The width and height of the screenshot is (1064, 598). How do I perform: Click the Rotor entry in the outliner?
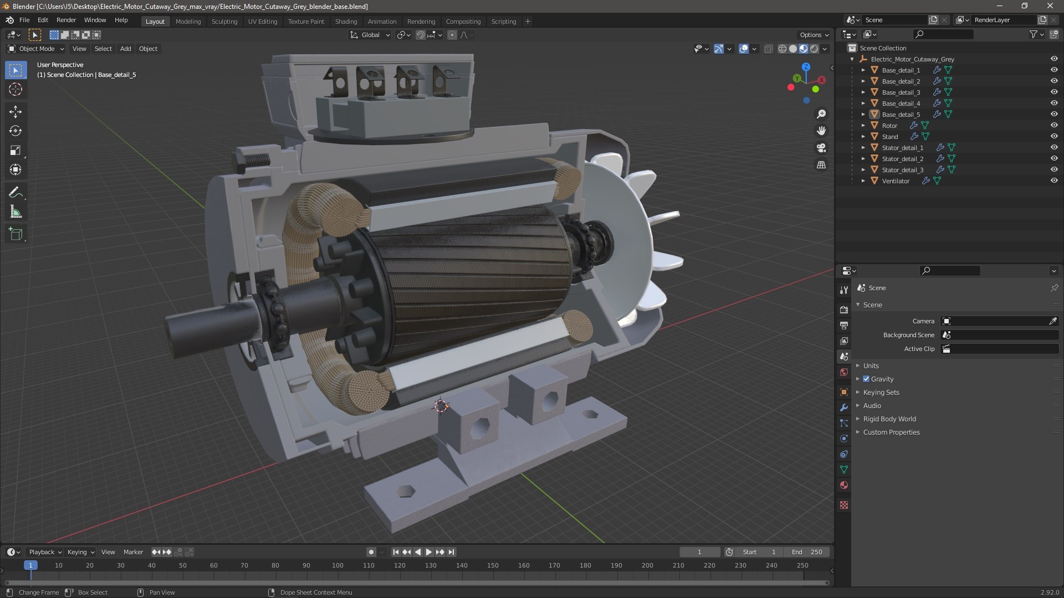[x=889, y=126]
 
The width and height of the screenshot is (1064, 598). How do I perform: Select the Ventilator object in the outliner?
[x=896, y=181]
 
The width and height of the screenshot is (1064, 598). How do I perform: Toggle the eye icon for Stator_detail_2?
[x=1053, y=159]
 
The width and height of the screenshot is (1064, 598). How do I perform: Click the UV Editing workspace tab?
[x=262, y=22]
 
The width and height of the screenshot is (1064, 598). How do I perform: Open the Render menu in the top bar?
[x=66, y=20]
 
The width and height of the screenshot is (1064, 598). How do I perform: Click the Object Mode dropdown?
[x=37, y=49]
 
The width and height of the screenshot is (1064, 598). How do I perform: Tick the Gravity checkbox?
[x=866, y=379]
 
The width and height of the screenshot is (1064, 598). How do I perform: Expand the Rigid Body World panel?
[x=889, y=419]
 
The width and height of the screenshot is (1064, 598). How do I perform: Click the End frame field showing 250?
[x=807, y=552]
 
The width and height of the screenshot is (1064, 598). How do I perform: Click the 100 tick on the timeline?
[x=337, y=565]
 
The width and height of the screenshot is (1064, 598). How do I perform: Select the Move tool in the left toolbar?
[x=16, y=112]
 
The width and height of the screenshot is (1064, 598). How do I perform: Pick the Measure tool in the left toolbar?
[x=16, y=212]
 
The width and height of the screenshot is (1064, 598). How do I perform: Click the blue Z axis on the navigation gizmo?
[x=806, y=67]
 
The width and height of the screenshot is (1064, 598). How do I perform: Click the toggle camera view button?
[x=821, y=148]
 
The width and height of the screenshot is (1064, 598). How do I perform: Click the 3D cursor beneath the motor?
[x=441, y=406]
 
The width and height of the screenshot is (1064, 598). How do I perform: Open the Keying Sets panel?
[x=881, y=393]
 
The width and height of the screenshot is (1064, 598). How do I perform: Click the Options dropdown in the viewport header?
[x=814, y=35]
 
